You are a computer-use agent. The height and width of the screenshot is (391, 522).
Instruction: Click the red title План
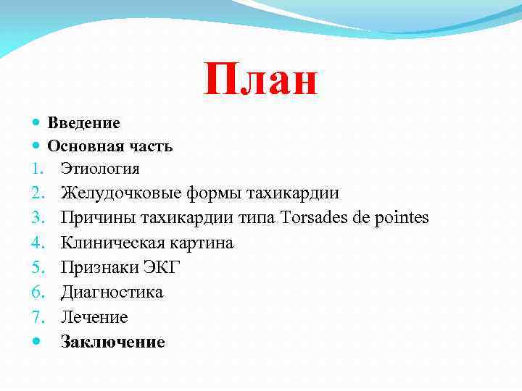pyautogui.click(x=260, y=79)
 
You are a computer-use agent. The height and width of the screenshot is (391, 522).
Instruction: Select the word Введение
pyautogui.click(x=84, y=123)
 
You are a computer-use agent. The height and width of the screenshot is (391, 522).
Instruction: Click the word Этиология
pyautogui.click(x=100, y=169)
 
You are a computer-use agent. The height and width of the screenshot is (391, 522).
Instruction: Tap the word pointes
pyautogui.click(x=403, y=217)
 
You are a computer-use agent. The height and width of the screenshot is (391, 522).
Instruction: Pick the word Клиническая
pyautogui.click(x=113, y=243)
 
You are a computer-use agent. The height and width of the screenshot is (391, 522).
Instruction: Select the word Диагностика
pyautogui.click(x=112, y=292)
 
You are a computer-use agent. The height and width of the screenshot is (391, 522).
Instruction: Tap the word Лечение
pyautogui.click(x=94, y=317)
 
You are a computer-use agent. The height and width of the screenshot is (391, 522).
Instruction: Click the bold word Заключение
pyautogui.click(x=113, y=342)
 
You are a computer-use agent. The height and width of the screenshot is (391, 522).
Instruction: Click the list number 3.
pyautogui.click(x=38, y=218)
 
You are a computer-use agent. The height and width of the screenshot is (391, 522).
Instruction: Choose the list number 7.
pyautogui.click(x=38, y=317)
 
